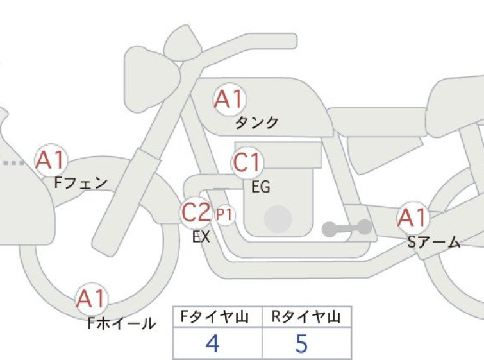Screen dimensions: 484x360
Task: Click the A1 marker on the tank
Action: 229,99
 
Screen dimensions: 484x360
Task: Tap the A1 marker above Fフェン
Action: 51,160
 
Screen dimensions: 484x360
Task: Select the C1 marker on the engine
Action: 247,162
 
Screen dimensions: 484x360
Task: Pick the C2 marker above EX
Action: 196,212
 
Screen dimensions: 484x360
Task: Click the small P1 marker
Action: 225,215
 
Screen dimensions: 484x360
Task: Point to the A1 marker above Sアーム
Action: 413,218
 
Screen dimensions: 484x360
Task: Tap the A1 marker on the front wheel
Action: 92,299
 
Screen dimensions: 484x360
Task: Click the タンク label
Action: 257,123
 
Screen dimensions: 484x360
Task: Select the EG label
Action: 261,187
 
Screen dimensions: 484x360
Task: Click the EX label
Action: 201,237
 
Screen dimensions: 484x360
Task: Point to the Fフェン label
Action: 81,183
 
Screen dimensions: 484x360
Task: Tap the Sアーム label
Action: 434,243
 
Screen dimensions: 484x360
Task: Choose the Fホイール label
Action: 121,323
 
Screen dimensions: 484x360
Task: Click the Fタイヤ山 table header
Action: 215,317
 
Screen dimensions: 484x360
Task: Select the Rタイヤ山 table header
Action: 306,317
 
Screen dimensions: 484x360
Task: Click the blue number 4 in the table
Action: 212,343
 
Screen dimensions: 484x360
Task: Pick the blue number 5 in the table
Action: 301,343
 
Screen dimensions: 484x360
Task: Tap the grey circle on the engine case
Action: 278,219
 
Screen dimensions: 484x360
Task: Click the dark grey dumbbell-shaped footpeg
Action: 347,228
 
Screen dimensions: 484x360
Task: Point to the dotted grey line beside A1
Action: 14,163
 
